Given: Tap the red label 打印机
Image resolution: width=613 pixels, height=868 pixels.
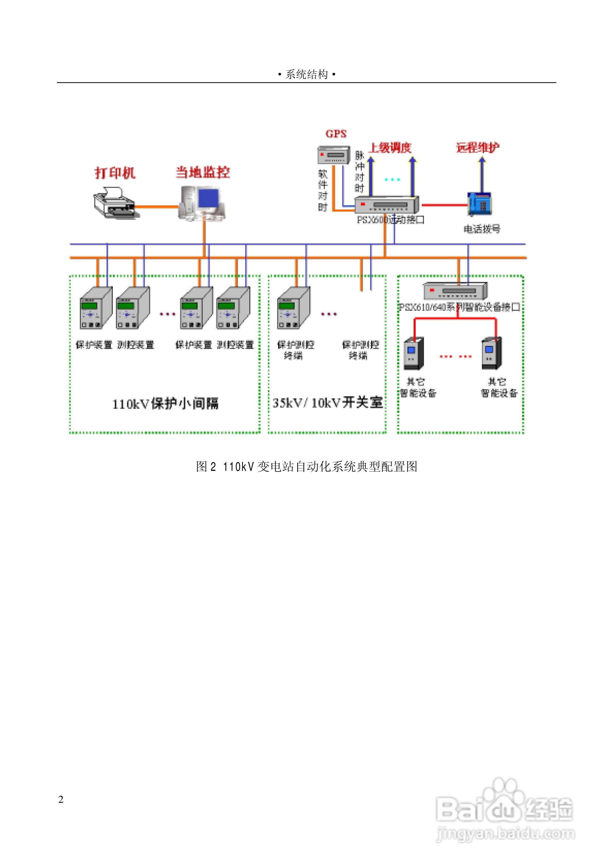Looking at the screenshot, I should coord(115,173).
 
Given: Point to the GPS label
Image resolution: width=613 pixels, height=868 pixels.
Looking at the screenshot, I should coord(336,134).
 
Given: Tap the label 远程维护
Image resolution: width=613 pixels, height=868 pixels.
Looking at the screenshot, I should coord(478,147).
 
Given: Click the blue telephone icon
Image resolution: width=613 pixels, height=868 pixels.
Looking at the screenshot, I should coord(480,204).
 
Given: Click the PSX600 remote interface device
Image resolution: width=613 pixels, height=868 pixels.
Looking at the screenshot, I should coord(386,205).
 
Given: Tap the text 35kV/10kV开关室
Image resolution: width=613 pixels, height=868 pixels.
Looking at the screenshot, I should coord(327,403).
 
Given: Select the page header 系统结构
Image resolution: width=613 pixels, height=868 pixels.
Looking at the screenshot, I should coord(306,74).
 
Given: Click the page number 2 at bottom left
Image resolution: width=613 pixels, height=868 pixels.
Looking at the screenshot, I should coord(61,799).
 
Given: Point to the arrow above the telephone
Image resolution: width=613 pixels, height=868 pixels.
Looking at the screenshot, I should coord(482,174).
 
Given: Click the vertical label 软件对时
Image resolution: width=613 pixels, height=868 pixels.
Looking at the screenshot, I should coord(323,190).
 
